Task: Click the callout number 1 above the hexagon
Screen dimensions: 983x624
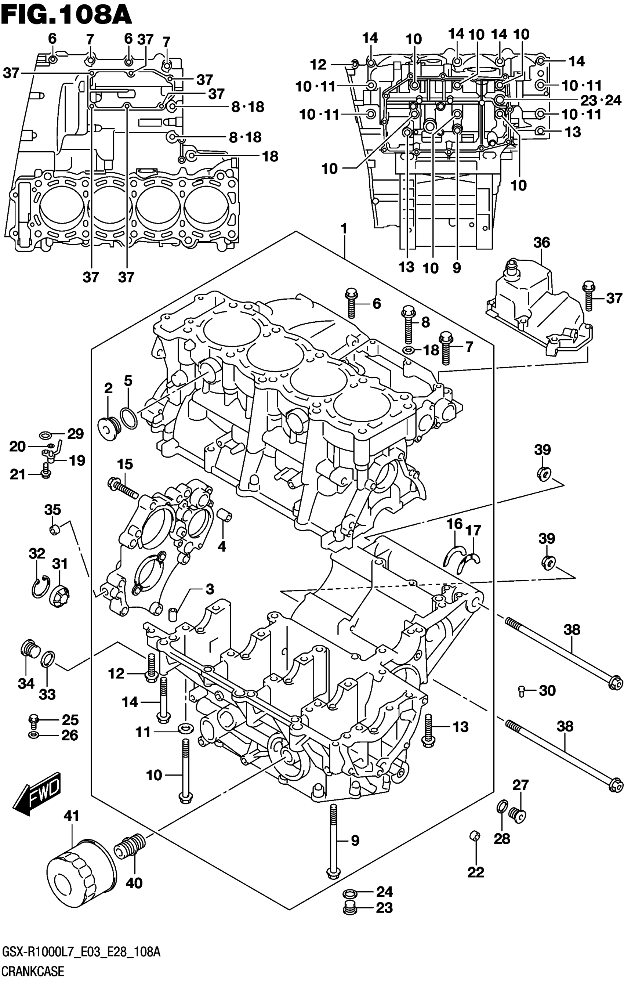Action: [x=344, y=229]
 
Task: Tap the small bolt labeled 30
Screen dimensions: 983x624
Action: [x=521, y=691]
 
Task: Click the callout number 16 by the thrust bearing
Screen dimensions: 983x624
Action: [x=454, y=524]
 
